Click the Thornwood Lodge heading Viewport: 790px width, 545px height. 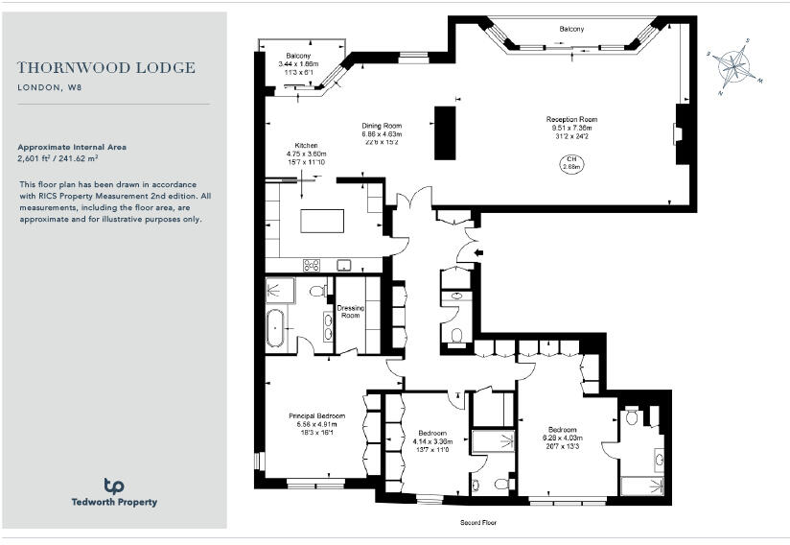106,68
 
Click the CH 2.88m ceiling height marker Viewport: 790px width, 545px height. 571,162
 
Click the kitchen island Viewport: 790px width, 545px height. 321,221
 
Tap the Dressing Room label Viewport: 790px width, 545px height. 349,312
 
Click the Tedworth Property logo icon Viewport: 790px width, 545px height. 114,486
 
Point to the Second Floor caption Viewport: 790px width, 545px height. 476,523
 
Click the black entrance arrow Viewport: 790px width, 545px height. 479,253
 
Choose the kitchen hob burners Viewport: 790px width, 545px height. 312,266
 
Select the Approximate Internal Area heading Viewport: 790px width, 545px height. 72,147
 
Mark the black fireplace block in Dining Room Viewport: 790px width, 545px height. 445,132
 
